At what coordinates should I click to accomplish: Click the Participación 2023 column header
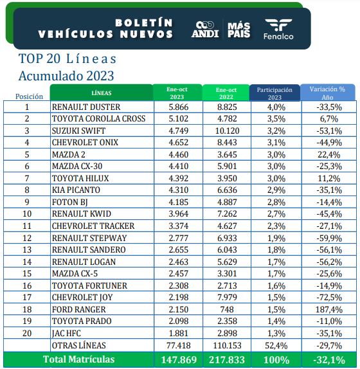pyautogui.click(x=274, y=93)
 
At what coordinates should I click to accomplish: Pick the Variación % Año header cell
pyautogui.click(x=327, y=93)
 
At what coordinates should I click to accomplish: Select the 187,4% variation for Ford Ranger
pyautogui.click(x=327, y=309)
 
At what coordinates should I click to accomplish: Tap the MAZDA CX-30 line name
pyautogui.click(x=80, y=166)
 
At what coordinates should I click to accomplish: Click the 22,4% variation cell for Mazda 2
pyautogui.click(x=327, y=154)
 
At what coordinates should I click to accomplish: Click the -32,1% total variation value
pyautogui.click(x=327, y=359)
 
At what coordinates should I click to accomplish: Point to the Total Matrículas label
pyautogui.click(x=78, y=359)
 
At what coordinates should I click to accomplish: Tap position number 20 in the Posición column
pyautogui.click(x=27, y=333)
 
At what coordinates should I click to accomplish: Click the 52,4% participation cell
pyautogui.click(x=274, y=345)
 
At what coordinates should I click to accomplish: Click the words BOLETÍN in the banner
pyautogui.click(x=144, y=22)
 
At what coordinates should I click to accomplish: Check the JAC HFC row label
pyautogui.click(x=69, y=333)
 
